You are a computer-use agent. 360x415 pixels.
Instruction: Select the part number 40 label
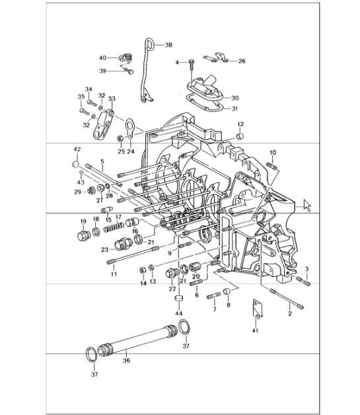102,58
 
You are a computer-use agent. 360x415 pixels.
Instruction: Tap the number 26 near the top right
241,61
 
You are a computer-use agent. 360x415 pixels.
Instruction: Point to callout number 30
235,98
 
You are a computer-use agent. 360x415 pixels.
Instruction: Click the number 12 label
240,124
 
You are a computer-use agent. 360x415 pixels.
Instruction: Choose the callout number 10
272,153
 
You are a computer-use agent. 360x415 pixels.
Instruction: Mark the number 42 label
77,149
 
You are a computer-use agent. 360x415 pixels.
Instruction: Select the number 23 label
104,250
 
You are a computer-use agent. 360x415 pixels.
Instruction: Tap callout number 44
178,315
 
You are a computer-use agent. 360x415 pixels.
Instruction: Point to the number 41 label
256,330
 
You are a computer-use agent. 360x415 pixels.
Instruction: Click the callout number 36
126,361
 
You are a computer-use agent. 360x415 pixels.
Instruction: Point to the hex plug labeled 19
83,236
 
